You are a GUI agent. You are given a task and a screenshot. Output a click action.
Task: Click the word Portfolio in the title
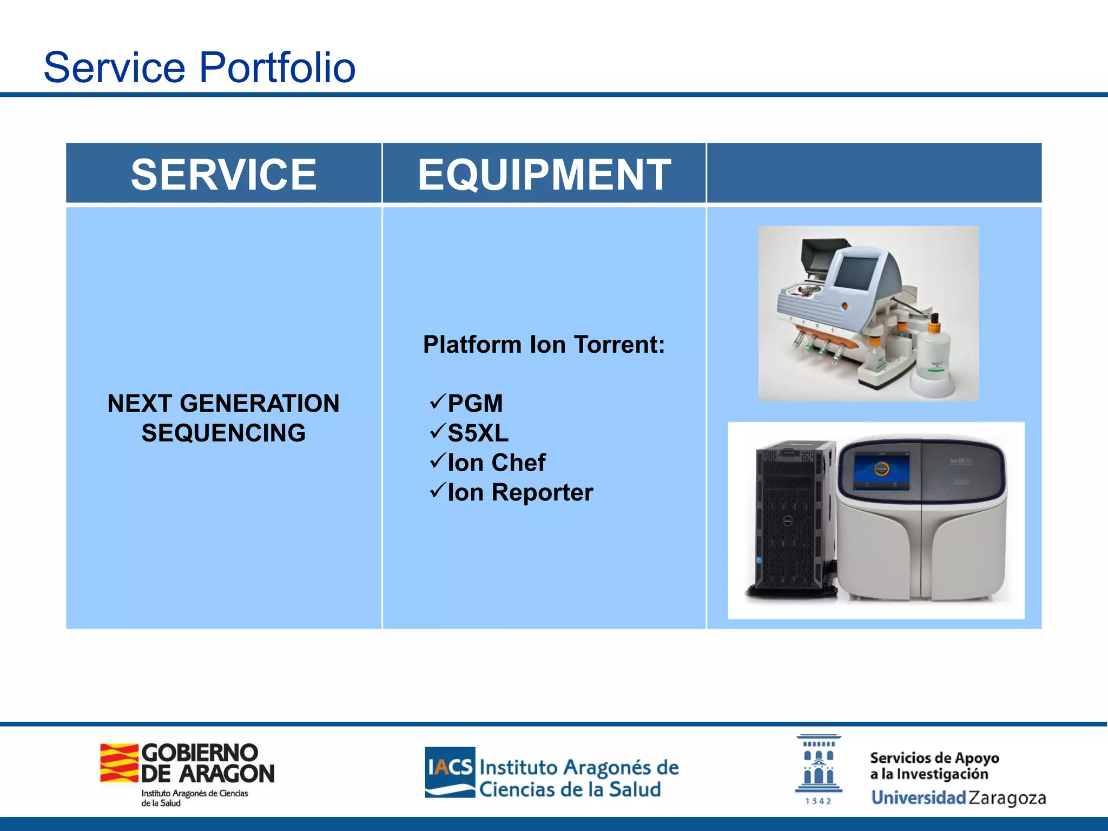click(x=277, y=68)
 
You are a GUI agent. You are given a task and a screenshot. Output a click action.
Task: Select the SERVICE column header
click(x=223, y=174)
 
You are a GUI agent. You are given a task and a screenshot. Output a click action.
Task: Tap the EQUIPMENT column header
click(x=544, y=174)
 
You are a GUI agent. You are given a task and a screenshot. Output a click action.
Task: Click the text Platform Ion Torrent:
click(x=544, y=345)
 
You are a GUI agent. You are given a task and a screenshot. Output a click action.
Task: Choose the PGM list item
click(x=475, y=404)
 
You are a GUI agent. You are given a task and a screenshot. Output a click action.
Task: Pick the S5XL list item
click(x=478, y=433)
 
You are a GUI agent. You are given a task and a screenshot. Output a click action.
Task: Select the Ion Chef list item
click(x=496, y=463)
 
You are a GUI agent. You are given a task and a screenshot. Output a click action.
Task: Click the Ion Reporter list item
click(x=520, y=493)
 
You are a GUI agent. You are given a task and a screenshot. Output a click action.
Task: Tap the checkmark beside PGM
click(x=437, y=401)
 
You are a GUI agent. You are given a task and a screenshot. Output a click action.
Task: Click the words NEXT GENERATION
click(x=223, y=404)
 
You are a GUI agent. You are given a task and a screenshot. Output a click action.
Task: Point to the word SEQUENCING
click(x=223, y=433)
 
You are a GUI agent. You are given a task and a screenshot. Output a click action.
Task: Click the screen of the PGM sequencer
click(x=855, y=272)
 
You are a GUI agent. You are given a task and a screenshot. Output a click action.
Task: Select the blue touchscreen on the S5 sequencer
click(x=881, y=470)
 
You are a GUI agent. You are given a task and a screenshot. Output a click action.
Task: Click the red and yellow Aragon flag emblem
click(x=119, y=763)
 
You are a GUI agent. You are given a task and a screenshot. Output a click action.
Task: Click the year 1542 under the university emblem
click(x=818, y=801)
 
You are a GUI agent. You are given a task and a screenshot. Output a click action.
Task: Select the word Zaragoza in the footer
click(x=1007, y=797)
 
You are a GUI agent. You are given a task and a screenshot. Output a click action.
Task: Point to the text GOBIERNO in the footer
click(x=200, y=753)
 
